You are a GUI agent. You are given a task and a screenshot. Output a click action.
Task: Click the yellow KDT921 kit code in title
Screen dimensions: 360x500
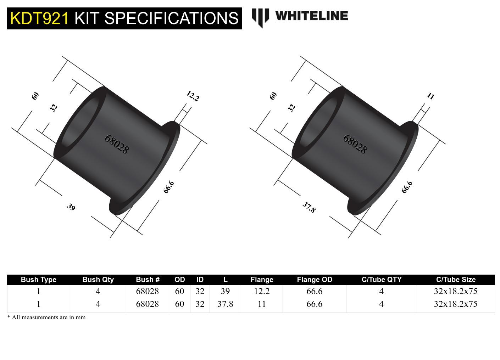coord(39,18)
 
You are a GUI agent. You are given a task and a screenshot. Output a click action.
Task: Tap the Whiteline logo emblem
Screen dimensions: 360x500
coord(260,17)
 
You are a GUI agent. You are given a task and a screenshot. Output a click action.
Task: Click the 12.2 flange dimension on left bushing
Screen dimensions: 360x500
coord(193,96)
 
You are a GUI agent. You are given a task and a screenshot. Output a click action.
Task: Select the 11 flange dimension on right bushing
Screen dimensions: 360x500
coord(430,96)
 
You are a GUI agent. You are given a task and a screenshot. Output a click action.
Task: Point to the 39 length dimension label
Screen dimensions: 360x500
coord(71,207)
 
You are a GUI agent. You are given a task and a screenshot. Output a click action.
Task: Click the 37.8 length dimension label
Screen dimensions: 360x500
coord(309,207)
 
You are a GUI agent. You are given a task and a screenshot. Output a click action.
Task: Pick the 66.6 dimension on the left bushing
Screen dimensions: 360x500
coord(169,187)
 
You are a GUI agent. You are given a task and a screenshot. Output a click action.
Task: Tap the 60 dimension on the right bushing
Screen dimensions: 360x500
coord(273,96)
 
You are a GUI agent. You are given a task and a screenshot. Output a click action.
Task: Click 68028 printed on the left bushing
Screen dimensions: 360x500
coord(116,144)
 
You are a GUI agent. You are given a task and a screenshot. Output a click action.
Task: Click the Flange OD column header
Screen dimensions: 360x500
coord(314,280)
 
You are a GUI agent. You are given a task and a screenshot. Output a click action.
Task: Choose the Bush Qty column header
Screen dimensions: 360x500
coord(98,280)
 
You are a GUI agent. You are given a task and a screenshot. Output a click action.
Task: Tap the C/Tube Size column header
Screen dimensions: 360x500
coord(456,280)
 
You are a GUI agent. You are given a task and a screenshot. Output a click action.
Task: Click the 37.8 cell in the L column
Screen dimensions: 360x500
coord(225,304)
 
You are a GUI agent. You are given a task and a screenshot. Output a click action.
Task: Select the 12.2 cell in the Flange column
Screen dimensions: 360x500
coord(262,291)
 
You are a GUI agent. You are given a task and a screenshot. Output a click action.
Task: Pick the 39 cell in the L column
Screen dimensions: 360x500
coord(225,291)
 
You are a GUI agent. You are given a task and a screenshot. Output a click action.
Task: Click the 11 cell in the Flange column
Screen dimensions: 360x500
coord(262,304)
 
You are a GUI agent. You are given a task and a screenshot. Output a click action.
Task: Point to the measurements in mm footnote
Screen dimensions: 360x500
coord(46,317)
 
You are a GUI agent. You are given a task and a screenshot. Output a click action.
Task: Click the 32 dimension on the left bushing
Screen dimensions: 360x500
coord(53,107)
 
